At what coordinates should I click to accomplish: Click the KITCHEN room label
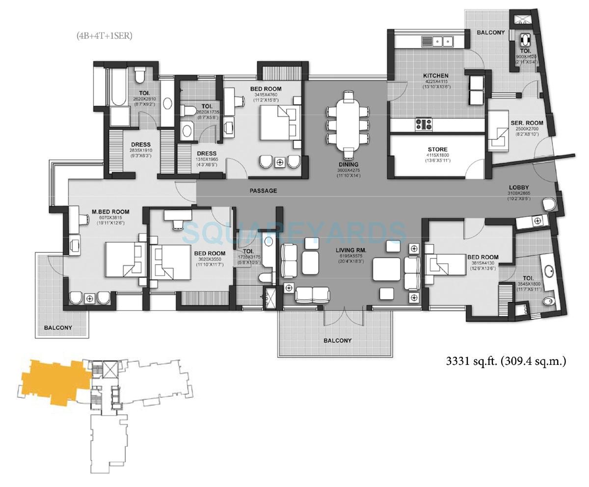(x=435, y=76)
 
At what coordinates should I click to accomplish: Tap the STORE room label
(x=437, y=150)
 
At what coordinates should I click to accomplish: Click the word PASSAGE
(x=263, y=191)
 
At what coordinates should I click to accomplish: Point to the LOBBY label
(x=519, y=187)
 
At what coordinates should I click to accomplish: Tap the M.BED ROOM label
(x=110, y=212)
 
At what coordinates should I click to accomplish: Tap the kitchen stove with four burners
(x=424, y=124)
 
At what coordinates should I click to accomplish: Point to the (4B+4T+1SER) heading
(x=104, y=35)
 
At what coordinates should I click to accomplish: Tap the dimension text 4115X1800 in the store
(x=437, y=155)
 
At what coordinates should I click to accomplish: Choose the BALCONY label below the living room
(x=338, y=340)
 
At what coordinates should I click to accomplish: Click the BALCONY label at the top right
(x=490, y=32)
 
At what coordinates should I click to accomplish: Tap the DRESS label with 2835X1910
(x=127, y=145)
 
